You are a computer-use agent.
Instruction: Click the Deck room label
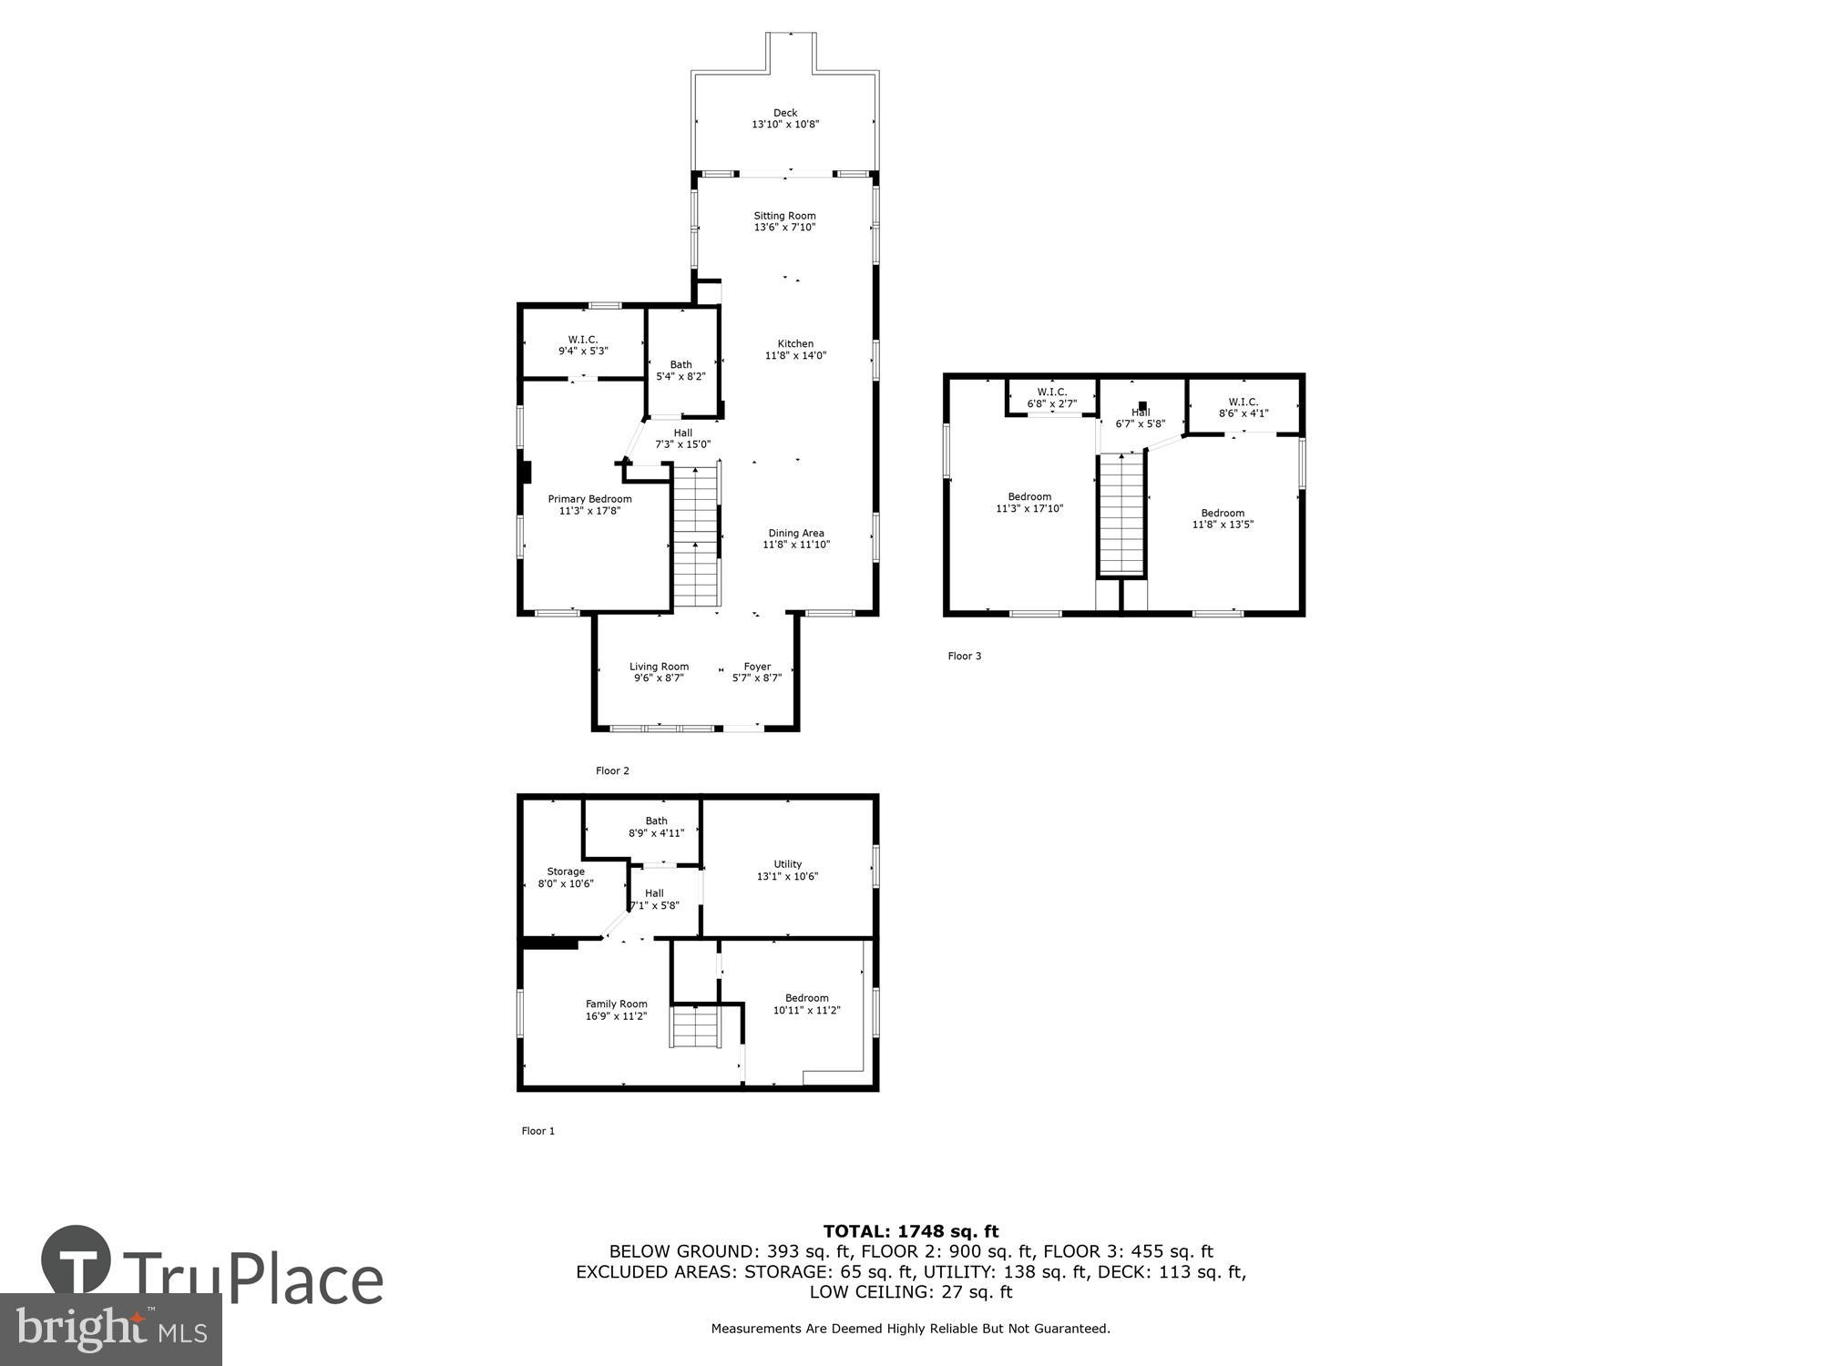(784, 114)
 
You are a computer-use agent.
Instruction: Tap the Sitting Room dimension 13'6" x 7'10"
(784, 228)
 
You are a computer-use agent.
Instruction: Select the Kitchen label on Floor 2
(795, 344)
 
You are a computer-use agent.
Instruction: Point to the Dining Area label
(795, 534)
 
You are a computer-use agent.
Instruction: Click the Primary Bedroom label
(589, 499)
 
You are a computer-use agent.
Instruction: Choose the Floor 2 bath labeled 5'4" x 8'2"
(681, 370)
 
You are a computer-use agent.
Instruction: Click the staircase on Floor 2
(697, 537)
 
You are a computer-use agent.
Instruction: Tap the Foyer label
(757, 667)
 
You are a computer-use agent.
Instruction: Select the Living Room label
(659, 667)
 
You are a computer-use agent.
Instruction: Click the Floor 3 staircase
(1121, 515)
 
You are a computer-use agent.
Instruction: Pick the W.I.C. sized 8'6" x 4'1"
(1243, 407)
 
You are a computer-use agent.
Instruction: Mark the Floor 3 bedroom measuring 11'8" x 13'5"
(1222, 518)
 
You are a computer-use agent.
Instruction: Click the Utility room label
(788, 864)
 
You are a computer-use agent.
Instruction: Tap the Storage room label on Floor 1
(566, 872)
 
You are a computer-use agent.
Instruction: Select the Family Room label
(616, 1004)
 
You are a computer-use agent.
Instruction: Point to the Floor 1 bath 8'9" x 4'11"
(656, 827)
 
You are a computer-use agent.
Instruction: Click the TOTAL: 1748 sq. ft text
(911, 1231)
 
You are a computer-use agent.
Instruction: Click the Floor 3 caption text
(964, 656)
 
